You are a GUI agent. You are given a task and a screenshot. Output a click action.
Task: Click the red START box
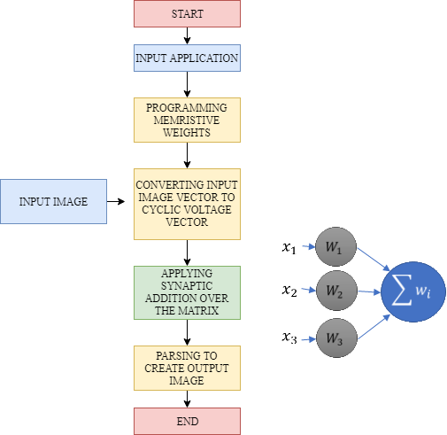click(187, 13)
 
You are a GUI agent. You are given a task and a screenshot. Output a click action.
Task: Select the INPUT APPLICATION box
click(187, 58)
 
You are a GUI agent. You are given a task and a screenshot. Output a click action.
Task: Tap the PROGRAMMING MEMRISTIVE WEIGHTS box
click(187, 120)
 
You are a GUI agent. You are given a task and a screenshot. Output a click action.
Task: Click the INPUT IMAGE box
click(53, 201)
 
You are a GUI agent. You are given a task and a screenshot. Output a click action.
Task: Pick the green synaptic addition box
click(187, 292)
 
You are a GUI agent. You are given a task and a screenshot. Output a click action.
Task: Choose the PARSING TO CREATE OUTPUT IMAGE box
click(187, 368)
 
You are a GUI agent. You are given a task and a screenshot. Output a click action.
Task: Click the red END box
click(187, 421)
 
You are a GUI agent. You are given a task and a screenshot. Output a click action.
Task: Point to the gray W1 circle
click(335, 246)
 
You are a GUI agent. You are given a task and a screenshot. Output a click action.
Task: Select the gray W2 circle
click(336, 291)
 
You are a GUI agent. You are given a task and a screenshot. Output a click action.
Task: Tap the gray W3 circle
click(336, 338)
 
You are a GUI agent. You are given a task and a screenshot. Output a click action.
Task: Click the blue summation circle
click(413, 291)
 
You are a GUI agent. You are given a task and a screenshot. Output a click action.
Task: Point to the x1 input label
click(289, 247)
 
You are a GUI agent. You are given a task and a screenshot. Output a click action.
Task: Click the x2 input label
click(289, 291)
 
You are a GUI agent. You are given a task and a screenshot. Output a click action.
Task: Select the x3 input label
click(289, 338)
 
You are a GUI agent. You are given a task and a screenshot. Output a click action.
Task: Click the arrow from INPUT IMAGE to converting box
click(116, 201)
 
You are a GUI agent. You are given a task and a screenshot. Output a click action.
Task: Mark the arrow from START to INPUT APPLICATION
click(187, 35)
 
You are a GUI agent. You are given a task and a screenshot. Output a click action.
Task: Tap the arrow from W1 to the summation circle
click(374, 259)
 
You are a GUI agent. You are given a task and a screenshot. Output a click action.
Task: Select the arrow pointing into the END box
click(187, 399)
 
